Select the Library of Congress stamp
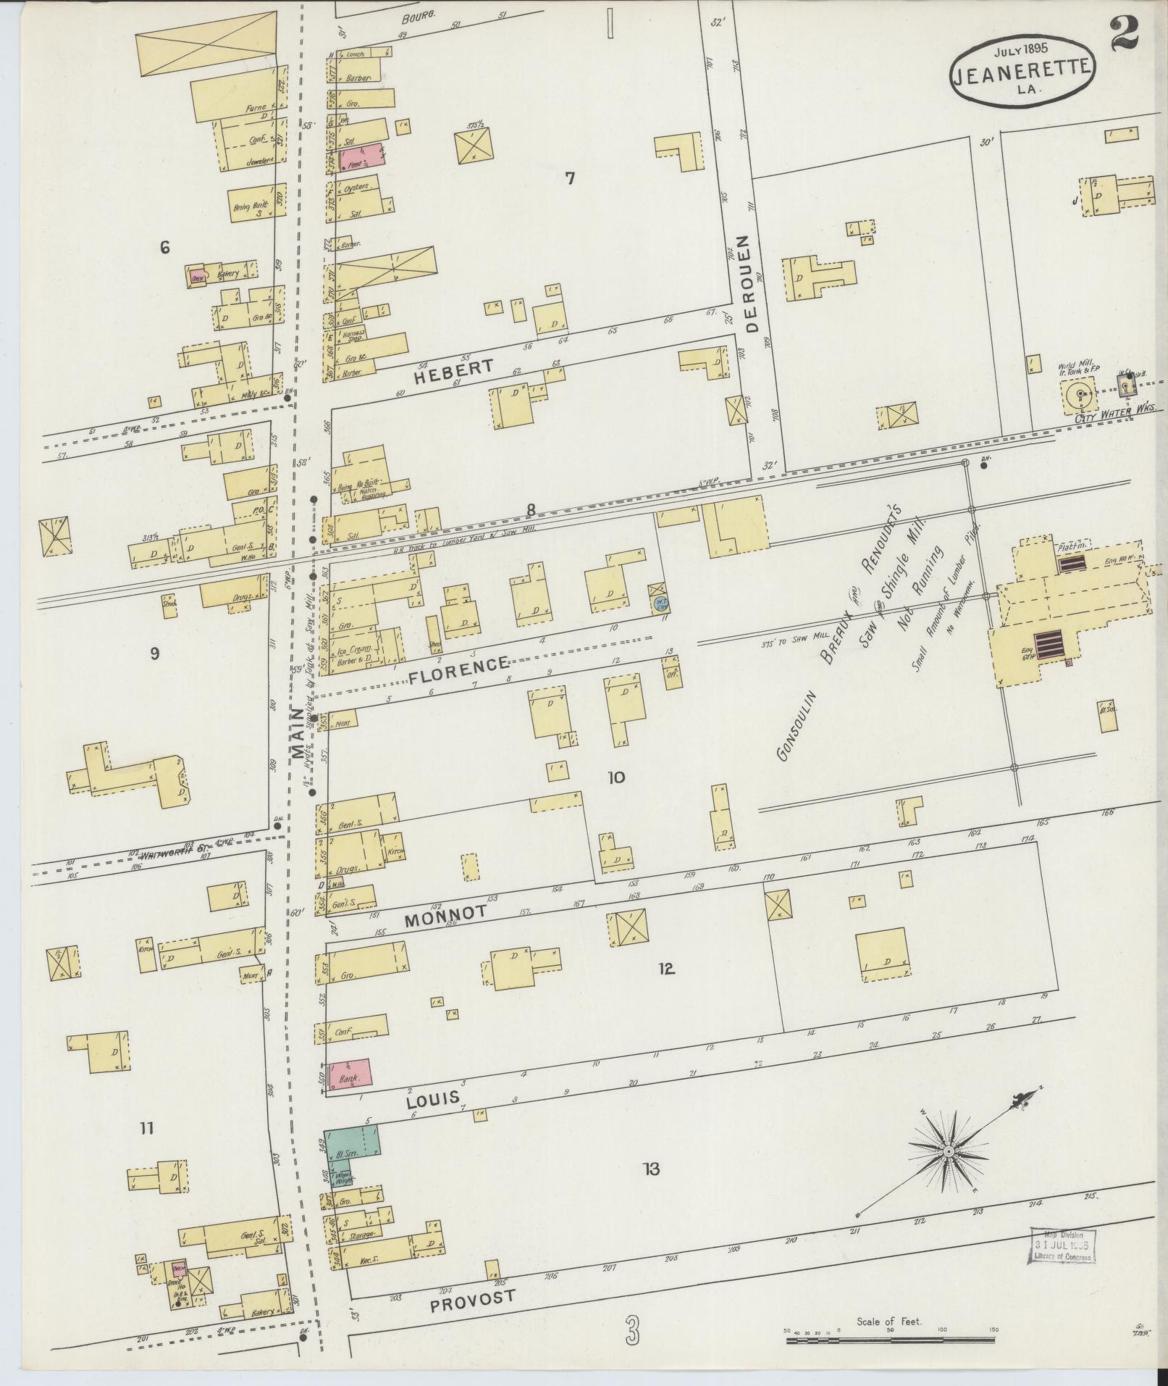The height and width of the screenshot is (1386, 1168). [x=1060, y=1245]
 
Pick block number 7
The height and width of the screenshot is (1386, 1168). [x=570, y=178]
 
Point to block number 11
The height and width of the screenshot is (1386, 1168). [x=147, y=1127]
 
